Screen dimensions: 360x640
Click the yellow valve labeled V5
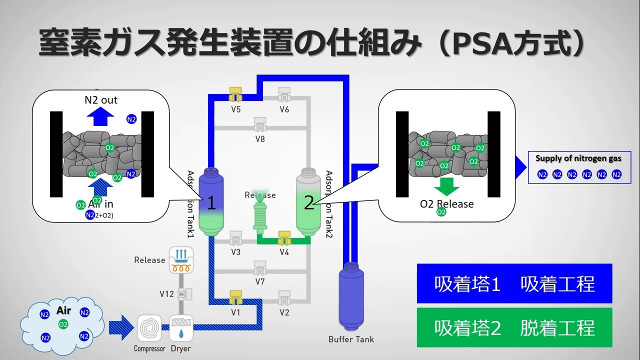coord(235,93)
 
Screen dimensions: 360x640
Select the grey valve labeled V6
coord(284,93)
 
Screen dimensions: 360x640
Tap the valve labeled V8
coord(260,123)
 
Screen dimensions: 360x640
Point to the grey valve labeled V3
coord(235,237)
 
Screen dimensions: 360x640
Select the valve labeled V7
coord(260,267)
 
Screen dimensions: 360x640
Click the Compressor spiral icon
coord(149,328)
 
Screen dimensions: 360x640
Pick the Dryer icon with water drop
coord(180,328)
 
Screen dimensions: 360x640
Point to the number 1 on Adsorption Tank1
coord(211,203)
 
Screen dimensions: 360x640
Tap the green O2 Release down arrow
coord(446,186)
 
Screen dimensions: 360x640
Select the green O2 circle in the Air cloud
coord(63,324)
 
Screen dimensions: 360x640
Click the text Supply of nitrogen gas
coord(578,158)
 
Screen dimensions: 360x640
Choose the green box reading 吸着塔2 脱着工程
coord(514,327)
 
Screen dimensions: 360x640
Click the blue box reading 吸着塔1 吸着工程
coord(514,283)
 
